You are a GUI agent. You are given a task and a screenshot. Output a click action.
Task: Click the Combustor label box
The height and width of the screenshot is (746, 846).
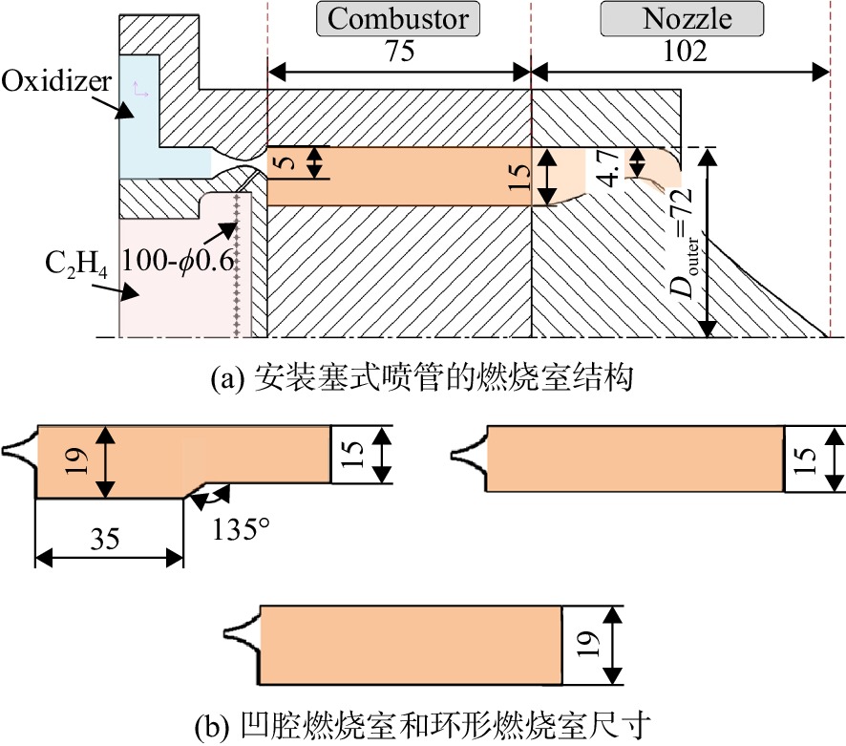pos(397,19)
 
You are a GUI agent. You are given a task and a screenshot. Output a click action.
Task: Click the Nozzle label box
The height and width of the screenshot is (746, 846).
pos(682,19)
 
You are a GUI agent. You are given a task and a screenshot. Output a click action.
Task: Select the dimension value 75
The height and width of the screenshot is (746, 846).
pos(399,52)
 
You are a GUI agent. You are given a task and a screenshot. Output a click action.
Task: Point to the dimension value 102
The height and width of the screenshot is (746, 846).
pos(685,52)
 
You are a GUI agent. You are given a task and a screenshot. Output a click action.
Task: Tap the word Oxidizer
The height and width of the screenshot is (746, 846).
pos(56,81)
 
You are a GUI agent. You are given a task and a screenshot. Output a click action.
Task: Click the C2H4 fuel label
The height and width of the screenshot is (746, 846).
pos(76,264)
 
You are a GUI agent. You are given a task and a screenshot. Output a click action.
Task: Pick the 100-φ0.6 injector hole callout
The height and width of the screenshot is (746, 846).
pos(178,260)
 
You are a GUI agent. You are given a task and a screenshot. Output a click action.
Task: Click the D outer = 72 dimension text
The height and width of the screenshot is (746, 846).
pos(682,242)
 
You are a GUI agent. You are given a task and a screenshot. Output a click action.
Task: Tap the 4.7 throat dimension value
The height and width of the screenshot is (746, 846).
pos(608,168)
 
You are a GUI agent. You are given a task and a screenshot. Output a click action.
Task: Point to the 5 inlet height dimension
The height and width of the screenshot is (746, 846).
pos(287,162)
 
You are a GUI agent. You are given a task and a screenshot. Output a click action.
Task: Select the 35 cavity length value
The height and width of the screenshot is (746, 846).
pos(105,539)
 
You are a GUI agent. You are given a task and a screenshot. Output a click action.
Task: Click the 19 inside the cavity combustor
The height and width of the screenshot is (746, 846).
pos(76,460)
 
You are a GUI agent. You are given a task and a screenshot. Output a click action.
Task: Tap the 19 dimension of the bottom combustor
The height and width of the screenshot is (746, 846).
pos(585,644)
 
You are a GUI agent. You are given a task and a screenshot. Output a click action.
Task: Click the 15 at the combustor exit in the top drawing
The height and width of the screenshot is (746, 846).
pos(519,177)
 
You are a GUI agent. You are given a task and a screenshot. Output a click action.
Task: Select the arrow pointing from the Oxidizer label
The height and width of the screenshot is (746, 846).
pos(112,107)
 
